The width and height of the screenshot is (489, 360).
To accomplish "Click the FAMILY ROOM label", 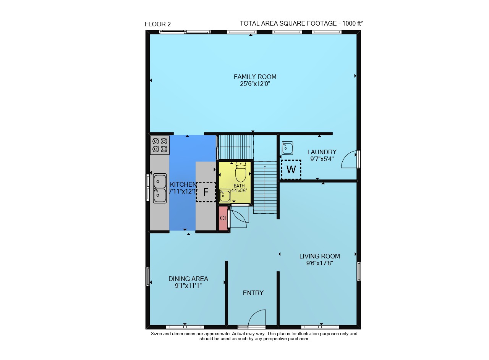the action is click(255, 77).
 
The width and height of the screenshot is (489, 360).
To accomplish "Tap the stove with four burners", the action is click(160, 145).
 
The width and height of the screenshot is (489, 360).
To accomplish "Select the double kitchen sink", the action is click(160, 188).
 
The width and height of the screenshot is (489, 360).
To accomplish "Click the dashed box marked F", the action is click(206, 192).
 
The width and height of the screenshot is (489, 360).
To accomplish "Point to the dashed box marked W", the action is click(291, 170).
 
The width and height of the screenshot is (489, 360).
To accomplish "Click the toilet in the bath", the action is click(241, 172).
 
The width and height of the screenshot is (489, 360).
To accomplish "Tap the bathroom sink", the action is click(225, 195).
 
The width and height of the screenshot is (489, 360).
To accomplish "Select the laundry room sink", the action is click(287, 148).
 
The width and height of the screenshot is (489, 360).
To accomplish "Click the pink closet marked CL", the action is click(223, 218).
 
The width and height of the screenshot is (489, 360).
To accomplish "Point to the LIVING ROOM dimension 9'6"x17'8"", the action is click(320, 263).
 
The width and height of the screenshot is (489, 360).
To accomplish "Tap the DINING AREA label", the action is click(188, 279).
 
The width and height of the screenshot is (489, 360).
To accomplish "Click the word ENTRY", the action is click(253, 293).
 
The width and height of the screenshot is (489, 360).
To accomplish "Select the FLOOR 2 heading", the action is click(158, 24).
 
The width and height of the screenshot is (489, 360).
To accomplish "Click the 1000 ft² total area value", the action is click(352, 23).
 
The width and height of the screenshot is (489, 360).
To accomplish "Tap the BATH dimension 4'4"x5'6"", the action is click(239, 190).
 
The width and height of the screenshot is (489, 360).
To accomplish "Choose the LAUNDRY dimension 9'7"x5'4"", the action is click(322, 159).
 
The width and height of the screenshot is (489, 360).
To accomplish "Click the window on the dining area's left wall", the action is click(148, 276).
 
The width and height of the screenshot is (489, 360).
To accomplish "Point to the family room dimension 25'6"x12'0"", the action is click(255, 84).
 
